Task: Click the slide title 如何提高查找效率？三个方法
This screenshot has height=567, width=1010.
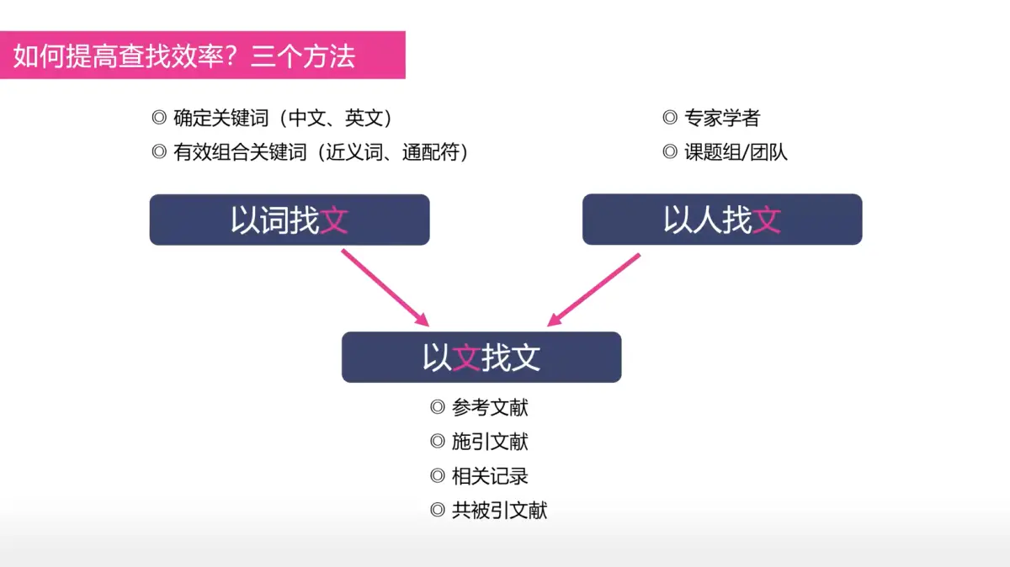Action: click(x=184, y=56)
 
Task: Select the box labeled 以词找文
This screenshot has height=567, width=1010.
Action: click(x=290, y=220)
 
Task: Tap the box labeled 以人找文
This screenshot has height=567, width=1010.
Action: click(x=722, y=220)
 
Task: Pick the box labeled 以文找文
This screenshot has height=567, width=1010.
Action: click(x=481, y=358)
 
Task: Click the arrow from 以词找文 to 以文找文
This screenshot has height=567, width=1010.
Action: click(x=385, y=288)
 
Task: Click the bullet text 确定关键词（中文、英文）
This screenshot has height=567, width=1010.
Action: click(x=284, y=119)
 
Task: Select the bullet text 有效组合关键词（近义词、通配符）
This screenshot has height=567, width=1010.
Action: click(x=321, y=152)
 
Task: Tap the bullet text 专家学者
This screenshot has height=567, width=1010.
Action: click(x=722, y=119)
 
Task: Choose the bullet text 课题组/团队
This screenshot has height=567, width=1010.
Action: click(x=736, y=152)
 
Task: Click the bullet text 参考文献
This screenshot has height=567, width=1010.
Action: click(x=490, y=408)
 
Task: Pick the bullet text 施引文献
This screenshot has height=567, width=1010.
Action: click(x=490, y=442)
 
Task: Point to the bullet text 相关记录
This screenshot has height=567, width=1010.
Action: click(x=490, y=476)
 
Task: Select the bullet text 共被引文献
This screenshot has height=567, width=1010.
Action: click(x=499, y=510)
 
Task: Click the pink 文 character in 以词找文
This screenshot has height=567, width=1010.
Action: click(x=334, y=220)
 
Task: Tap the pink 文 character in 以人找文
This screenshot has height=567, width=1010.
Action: click(x=767, y=220)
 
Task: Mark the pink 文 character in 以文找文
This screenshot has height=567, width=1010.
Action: click(x=466, y=358)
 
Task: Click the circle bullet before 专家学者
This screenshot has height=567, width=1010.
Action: click(x=670, y=119)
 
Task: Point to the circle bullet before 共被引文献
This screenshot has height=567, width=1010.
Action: click(x=437, y=510)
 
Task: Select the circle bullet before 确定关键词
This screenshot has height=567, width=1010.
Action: click(x=158, y=119)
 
